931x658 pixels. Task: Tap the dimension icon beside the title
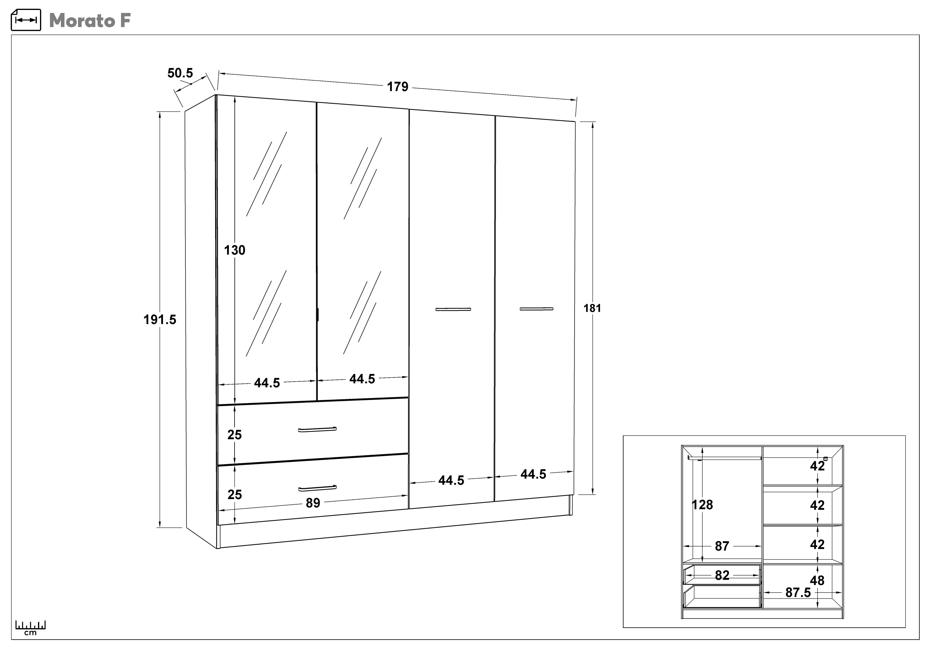26,20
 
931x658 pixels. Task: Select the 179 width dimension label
397,87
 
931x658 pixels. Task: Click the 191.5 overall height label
160,320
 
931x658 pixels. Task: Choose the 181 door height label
592,308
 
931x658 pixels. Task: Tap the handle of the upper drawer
317,429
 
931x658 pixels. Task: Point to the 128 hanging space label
702,505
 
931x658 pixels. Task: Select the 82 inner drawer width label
722,575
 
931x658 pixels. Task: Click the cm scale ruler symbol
30,628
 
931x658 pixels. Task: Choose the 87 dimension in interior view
722,546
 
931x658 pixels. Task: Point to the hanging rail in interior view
725,458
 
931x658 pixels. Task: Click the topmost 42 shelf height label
818,466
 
